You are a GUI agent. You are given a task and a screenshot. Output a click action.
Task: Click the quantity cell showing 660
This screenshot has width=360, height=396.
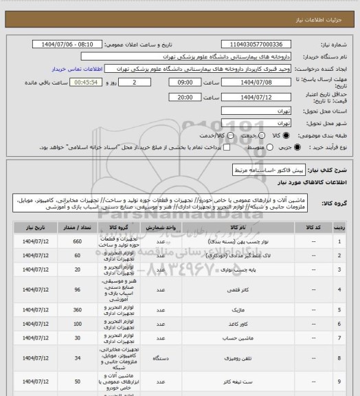(77, 241)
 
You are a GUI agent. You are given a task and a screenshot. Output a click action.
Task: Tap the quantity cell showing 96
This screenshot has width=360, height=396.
(77, 290)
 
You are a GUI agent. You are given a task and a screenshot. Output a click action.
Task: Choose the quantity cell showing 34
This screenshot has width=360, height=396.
(77, 358)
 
